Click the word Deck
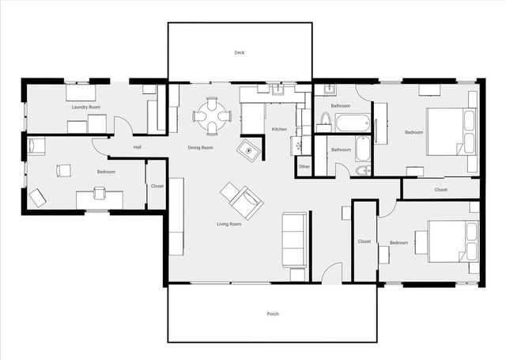pyautogui.click(x=240, y=53)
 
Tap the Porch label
pyautogui.click(x=273, y=314)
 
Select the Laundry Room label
pyautogui.click(x=85, y=107)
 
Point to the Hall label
pyautogui.click(x=137, y=147)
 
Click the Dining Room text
pyautogui.click(x=200, y=148)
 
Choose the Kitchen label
pyautogui.click(x=279, y=129)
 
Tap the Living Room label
pyautogui.click(x=229, y=224)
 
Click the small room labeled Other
pyautogui.click(x=304, y=166)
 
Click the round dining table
pyautogui.click(x=211, y=116)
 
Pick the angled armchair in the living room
pyautogui.click(x=241, y=199)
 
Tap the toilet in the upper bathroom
pyautogui.click(x=325, y=122)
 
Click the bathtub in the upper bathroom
pyautogui.click(x=352, y=123)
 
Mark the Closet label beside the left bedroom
pyautogui.click(x=157, y=186)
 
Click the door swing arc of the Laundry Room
pyautogui.click(x=122, y=125)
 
